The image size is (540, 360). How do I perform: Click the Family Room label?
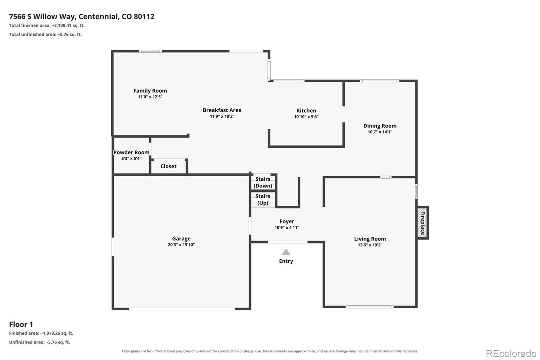(150, 91)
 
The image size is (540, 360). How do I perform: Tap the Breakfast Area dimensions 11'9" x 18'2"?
(222, 116)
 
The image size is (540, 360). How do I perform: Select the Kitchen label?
(306, 110)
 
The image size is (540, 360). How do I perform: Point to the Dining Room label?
(380, 126)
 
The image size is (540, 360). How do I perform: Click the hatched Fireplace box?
(423, 223)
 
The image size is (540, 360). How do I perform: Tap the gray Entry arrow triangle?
(286, 252)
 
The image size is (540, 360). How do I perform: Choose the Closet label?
(168, 166)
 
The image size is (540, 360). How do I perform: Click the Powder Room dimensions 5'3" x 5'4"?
(131, 158)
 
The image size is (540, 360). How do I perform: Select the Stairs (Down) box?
(263, 182)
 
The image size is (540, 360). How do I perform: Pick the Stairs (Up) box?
(263, 200)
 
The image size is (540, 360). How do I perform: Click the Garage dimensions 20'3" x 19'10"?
(181, 245)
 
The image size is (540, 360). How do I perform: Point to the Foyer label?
(287, 221)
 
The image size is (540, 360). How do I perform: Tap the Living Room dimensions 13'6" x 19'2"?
(370, 245)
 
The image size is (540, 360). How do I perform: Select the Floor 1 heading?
(21, 324)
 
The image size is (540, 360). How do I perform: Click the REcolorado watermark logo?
(511, 354)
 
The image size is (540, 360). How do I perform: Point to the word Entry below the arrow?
(286, 261)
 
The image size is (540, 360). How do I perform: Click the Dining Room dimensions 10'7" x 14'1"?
(380, 132)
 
